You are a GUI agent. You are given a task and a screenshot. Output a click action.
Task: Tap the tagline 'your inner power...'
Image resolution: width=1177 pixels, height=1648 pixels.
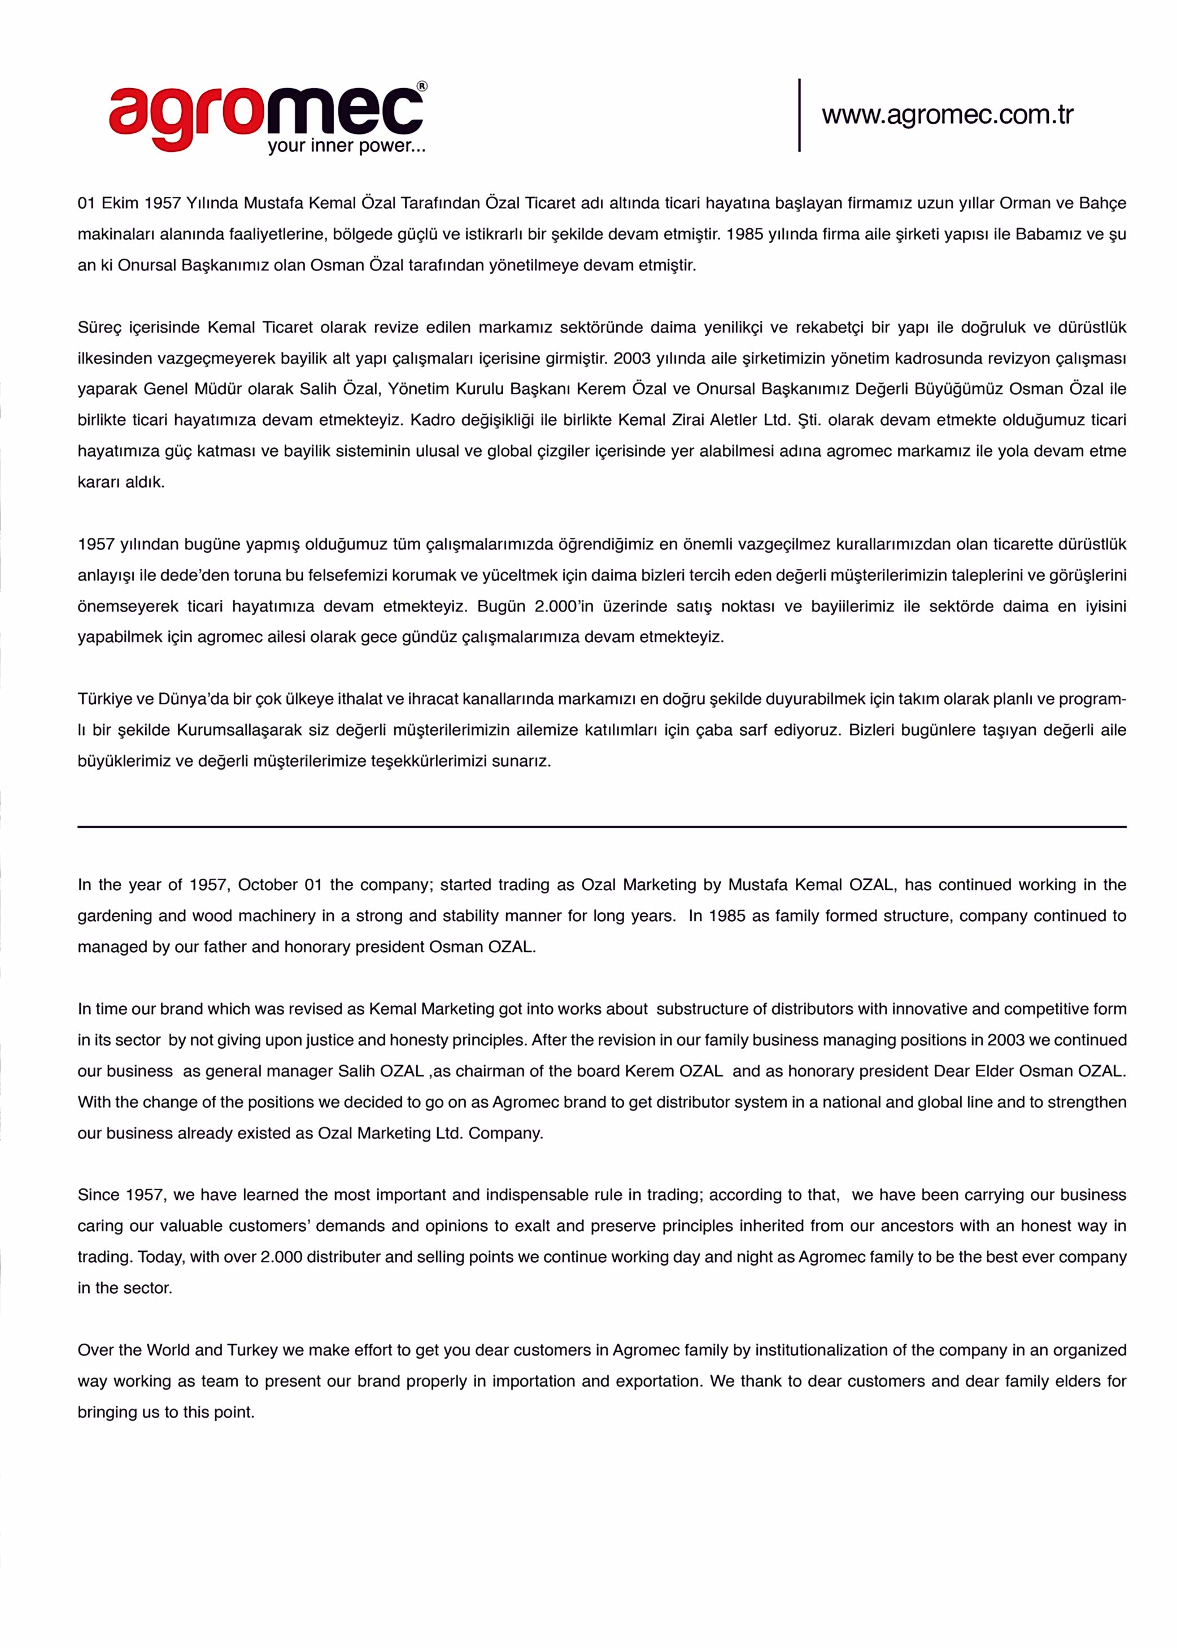(346, 146)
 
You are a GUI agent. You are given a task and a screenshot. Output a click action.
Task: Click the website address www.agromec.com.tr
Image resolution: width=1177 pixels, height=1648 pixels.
(947, 115)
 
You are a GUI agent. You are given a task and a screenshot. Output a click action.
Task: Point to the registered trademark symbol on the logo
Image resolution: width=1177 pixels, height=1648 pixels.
(422, 87)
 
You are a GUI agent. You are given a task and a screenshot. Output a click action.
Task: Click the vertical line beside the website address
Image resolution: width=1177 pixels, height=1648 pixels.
(799, 115)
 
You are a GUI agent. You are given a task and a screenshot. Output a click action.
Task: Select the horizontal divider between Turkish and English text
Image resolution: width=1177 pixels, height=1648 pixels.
(601, 826)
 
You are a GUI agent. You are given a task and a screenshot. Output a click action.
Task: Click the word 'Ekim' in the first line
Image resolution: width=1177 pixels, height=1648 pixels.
(120, 203)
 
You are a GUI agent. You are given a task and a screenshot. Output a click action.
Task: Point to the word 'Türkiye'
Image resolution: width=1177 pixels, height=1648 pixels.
(106, 699)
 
